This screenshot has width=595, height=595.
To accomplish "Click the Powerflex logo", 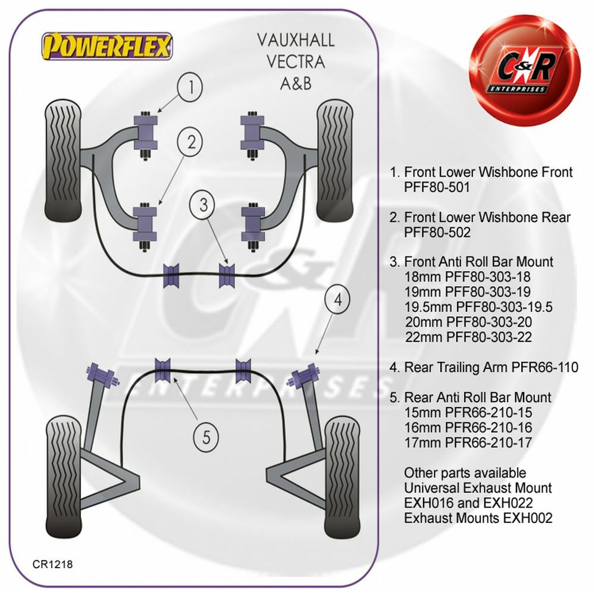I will pyautogui.click(x=107, y=45).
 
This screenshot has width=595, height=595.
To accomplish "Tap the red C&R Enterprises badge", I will pyautogui.click(x=524, y=70).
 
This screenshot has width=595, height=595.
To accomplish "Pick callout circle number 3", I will pyautogui.click(x=204, y=206).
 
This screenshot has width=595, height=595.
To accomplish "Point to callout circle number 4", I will pyautogui.click(x=338, y=301).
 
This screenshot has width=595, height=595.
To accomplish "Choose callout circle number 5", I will pyautogui.click(x=206, y=438).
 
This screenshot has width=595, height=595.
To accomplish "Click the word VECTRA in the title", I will pyautogui.click(x=295, y=61).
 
